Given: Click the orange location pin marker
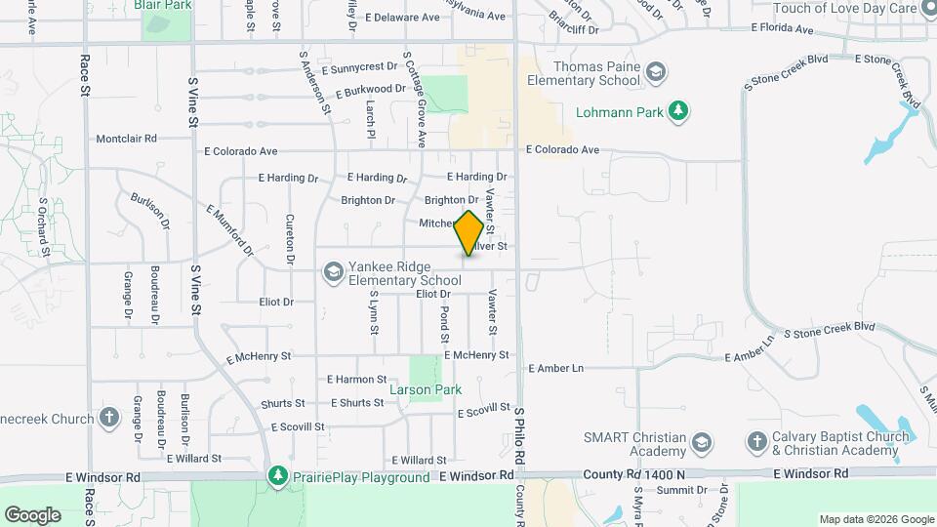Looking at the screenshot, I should point(468,233).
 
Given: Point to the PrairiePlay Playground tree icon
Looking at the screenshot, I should point(278,477).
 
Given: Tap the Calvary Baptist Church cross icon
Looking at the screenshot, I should point(755,442).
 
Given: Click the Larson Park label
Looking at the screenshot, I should point(425,389).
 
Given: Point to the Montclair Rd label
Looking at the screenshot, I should point(126,139).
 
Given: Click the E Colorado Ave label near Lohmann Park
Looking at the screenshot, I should point(562,150).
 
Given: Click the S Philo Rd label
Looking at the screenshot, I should point(521,436).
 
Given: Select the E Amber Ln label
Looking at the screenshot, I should point(555,368).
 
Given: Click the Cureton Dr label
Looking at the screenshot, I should point(290,240).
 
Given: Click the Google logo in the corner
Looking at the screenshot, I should point(32,514).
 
